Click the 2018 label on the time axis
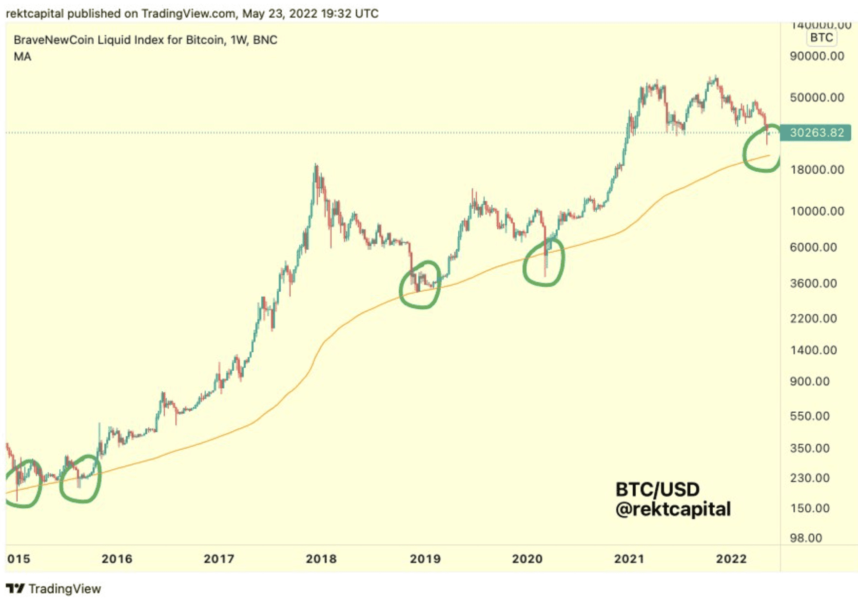(x=321, y=559)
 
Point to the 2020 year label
(x=527, y=559)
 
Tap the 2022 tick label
(x=731, y=559)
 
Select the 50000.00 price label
(x=817, y=97)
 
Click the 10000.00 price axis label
(x=817, y=211)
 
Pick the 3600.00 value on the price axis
(x=813, y=283)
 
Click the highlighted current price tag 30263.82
(x=816, y=133)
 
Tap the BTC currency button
(x=821, y=38)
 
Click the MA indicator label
(x=22, y=57)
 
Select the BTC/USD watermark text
(x=657, y=489)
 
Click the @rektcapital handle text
(x=673, y=509)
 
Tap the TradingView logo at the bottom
(x=54, y=589)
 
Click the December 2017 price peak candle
(x=316, y=168)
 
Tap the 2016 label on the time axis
(x=117, y=559)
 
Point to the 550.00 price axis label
(x=809, y=416)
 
